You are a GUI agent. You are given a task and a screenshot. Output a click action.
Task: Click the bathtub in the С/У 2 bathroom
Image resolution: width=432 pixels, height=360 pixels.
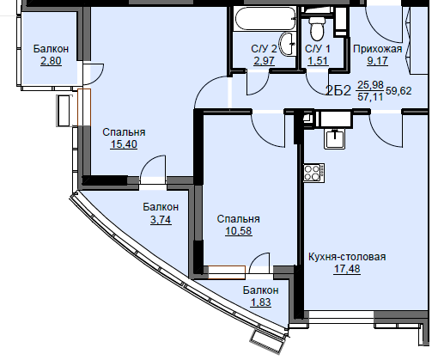tap(265, 18)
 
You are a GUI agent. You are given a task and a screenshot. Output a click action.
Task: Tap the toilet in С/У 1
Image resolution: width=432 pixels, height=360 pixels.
tap(316, 26)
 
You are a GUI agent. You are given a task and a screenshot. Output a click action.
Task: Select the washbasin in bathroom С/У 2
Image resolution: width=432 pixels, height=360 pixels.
tap(287, 44)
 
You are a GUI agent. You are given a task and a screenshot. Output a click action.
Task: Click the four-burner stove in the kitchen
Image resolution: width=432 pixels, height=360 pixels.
tap(314, 173)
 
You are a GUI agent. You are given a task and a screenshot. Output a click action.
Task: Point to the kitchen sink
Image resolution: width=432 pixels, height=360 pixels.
tap(334, 138)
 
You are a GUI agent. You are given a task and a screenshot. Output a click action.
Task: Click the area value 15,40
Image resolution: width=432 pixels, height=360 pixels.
tap(124, 144)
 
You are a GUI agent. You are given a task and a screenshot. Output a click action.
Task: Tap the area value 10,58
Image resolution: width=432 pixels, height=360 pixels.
tap(239, 231)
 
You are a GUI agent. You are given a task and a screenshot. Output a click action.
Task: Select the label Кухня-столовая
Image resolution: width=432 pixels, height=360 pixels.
tap(347, 257)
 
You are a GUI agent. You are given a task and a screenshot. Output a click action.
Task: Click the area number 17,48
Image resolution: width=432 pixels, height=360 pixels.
tap(347, 269)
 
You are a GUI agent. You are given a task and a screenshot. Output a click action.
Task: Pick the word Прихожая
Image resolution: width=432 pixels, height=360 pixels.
tap(377, 49)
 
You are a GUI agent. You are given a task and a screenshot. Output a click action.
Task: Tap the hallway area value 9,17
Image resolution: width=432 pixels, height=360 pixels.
tap(377, 61)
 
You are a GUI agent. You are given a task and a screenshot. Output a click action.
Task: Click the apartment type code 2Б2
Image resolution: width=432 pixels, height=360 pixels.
tap(338, 91)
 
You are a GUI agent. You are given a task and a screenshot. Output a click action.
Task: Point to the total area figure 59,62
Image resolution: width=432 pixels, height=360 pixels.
tap(399, 91)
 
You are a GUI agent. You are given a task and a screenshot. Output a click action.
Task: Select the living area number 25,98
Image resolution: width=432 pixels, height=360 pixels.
tap(370, 85)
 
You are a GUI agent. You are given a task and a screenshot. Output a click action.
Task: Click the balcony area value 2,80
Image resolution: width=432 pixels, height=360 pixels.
tap(51, 61)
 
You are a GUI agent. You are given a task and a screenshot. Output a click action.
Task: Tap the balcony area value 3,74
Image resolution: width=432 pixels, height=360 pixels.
tap(161, 220)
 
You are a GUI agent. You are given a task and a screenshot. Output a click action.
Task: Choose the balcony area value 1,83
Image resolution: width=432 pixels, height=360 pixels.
tap(260, 302)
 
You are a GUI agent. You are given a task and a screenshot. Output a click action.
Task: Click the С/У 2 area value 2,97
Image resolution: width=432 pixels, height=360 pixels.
tap(264, 61)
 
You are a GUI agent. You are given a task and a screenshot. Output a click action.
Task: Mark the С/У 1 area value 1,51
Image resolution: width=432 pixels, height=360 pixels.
tap(318, 61)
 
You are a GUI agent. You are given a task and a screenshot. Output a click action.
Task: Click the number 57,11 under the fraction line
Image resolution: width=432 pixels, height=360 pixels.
tap(370, 97)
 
